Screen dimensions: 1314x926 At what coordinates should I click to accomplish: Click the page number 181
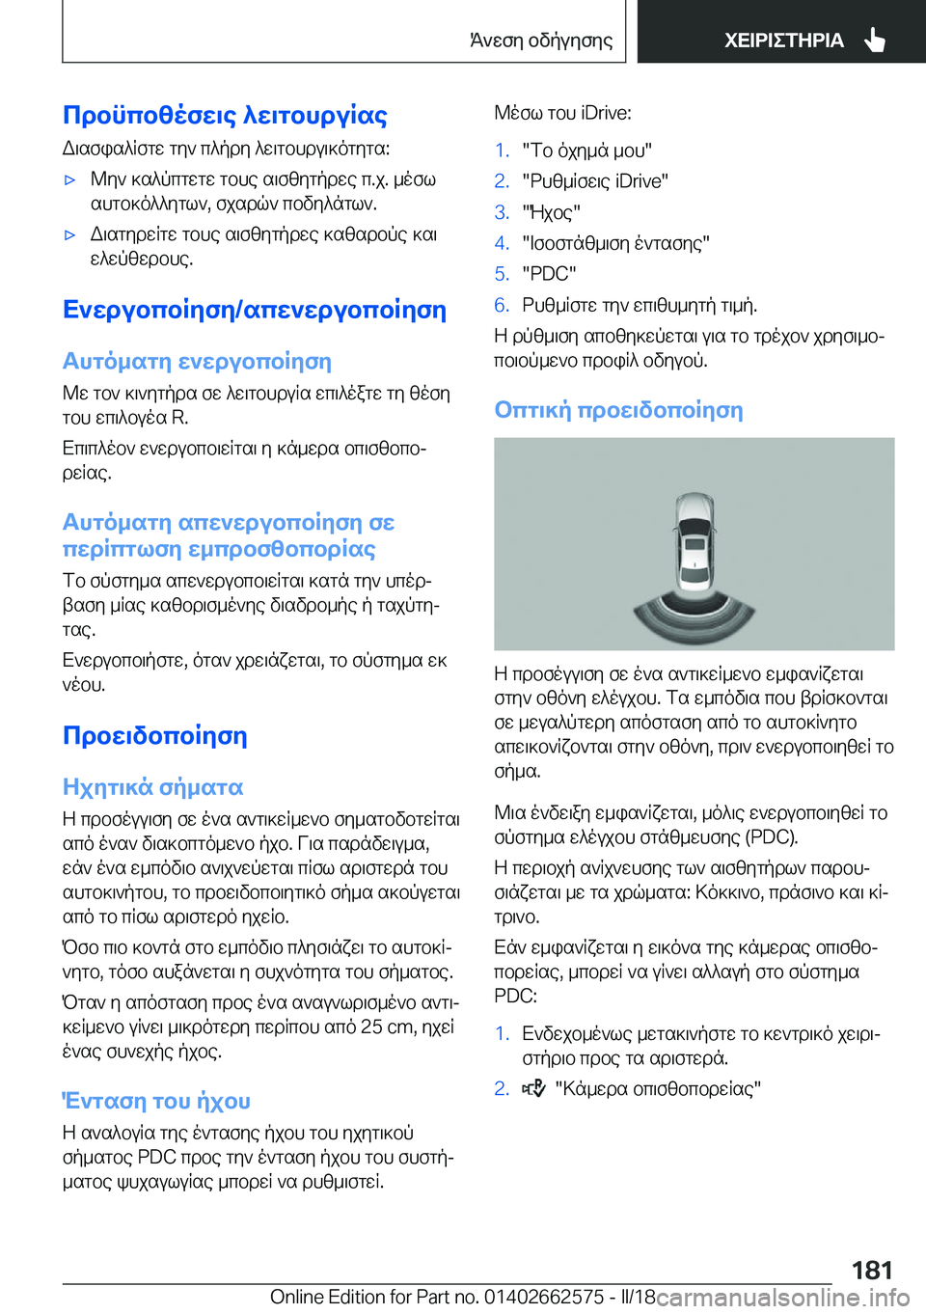(872, 1271)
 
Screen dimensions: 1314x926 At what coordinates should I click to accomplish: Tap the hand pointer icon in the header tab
(875, 40)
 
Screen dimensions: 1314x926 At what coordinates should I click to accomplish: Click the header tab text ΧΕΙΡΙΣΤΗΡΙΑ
(783, 41)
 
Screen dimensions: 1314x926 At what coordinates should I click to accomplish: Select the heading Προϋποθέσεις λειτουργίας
(225, 116)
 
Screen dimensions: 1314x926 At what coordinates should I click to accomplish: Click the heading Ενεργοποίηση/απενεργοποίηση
(255, 311)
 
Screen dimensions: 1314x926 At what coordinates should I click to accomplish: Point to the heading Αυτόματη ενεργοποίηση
(197, 362)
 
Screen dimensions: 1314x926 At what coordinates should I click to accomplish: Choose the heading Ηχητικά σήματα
(152, 787)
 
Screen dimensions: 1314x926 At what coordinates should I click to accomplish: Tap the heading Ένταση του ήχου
(156, 1101)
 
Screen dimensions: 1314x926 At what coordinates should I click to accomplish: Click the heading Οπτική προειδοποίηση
(618, 410)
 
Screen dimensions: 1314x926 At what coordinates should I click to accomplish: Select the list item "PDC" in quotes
(549, 274)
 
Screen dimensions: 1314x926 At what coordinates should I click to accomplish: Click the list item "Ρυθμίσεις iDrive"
(595, 181)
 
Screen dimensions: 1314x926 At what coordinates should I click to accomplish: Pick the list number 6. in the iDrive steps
(502, 305)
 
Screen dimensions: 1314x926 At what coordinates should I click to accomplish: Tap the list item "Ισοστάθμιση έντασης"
(615, 243)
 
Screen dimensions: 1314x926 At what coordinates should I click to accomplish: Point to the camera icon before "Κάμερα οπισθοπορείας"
(534, 1088)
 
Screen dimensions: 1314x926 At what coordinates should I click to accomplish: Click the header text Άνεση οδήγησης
(541, 41)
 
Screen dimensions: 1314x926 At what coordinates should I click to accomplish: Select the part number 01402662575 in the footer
(544, 1297)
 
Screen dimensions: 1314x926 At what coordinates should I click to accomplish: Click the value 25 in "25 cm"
(371, 1027)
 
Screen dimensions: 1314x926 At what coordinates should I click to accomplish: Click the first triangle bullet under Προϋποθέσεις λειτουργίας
(69, 179)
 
